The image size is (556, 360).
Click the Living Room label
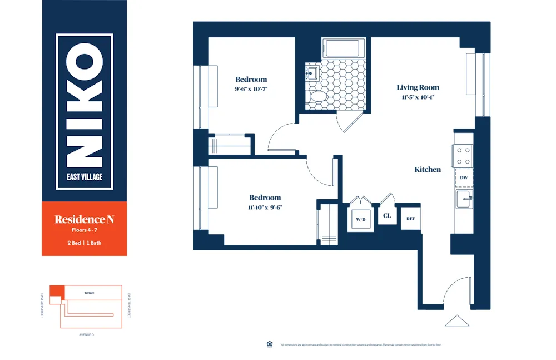tap(418, 87)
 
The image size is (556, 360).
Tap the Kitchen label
tap(428, 170)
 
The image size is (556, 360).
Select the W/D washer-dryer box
tap(361, 219)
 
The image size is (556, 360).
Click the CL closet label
tap(387, 215)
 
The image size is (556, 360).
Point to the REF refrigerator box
tap(410, 219)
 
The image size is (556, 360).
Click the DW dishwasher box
tap(464, 178)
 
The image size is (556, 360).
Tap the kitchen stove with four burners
tap(464, 156)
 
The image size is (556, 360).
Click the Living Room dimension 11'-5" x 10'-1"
tap(418, 97)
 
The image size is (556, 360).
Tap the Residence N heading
tap(84, 219)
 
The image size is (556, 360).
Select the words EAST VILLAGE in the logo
tap(85, 178)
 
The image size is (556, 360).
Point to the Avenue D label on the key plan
tap(86, 335)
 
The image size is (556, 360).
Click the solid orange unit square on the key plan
tap(56, 290)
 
